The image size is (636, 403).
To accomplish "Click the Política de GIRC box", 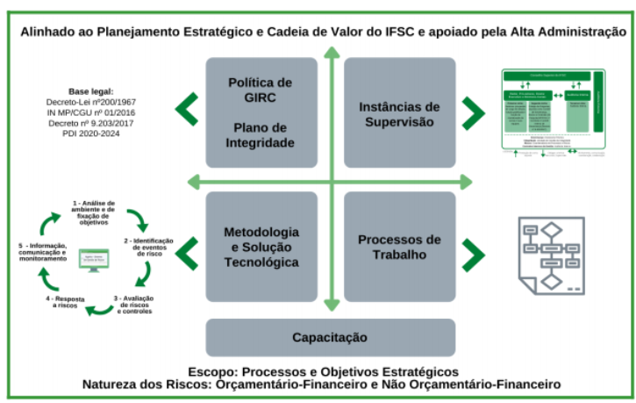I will pyautogui.click(x=260, y=112).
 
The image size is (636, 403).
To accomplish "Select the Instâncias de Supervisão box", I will pyautogui.click(x=398, y=112).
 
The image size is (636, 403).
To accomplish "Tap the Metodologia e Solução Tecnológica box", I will pyautogui.click(x=260, y=247).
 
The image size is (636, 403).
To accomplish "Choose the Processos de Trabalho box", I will pyautogui.click(x=398, y=247).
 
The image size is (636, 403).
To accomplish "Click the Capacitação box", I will pyautogui.click(x=330, y=337).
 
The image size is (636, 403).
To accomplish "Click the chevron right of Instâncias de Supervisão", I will pyautogui.click(x=473, y=112).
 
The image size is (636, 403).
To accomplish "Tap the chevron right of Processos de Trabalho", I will pyautogui.click(x=473, y=254).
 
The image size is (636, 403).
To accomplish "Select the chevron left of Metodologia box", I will pyautogui.click(x=187, y=254).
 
